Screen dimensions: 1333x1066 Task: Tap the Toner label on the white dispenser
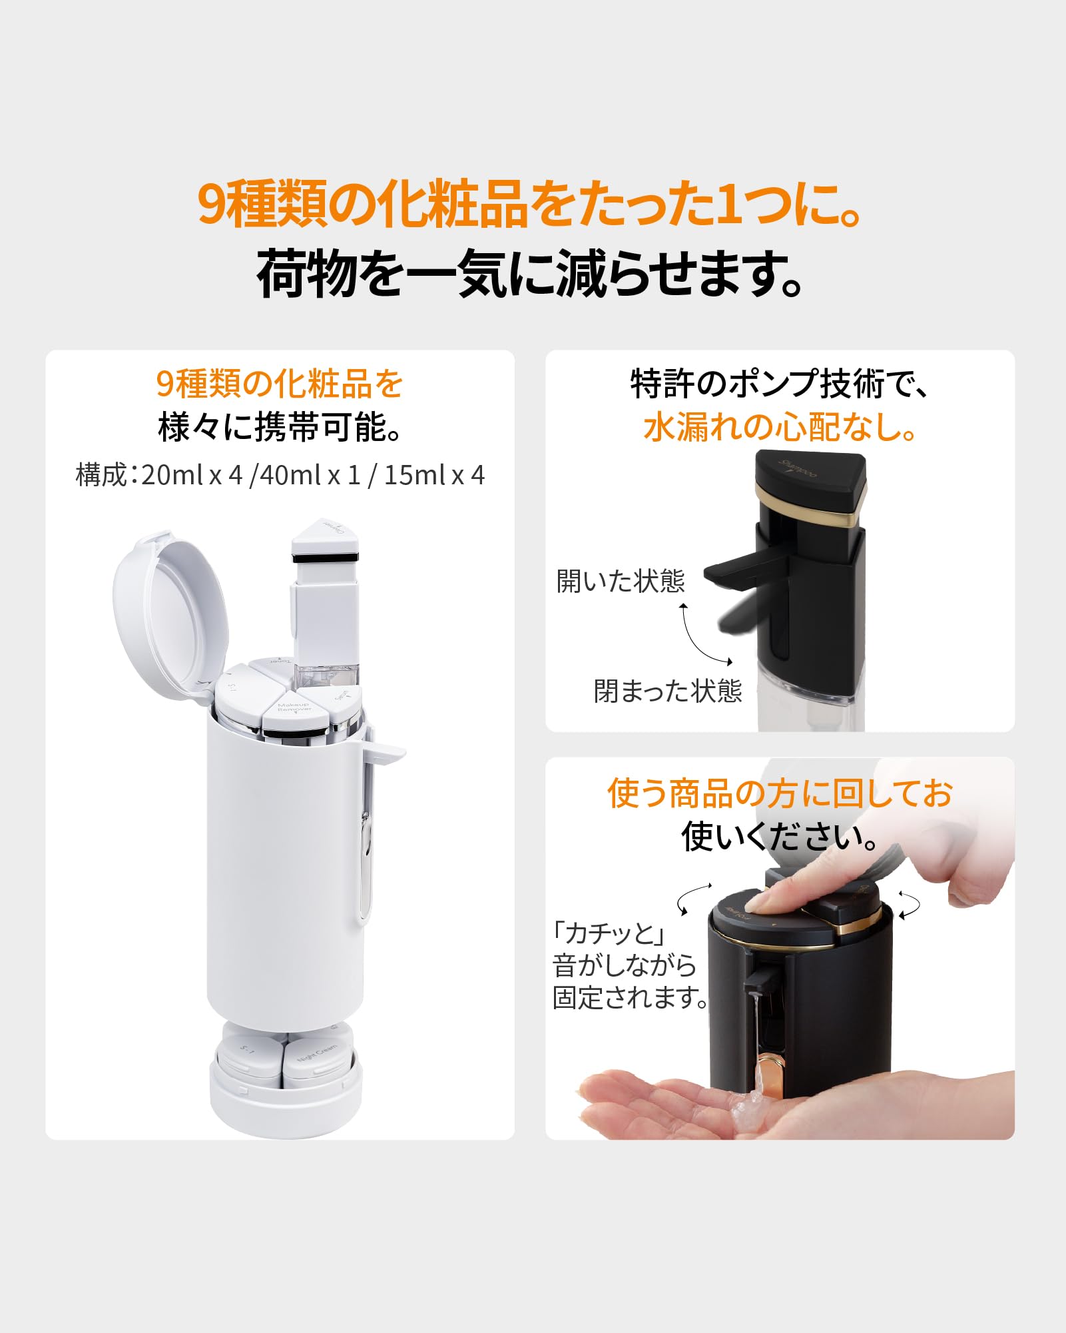280,663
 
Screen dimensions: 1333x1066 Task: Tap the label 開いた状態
621,582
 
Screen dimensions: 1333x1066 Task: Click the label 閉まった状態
668,691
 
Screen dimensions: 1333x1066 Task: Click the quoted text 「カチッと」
609,933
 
